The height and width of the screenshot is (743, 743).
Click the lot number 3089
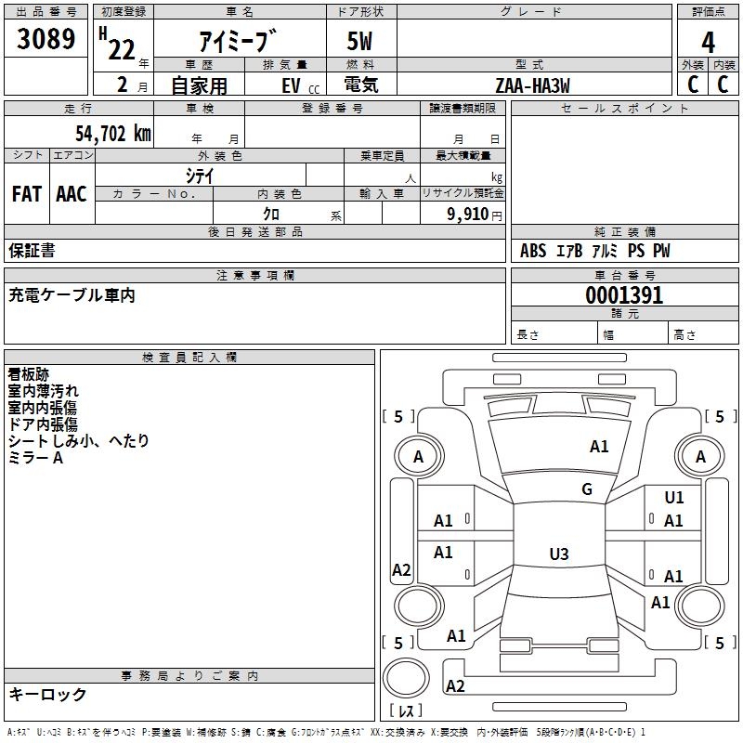click(46, 39)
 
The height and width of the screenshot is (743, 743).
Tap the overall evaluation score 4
click(708, 41)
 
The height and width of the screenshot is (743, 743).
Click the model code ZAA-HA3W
click(532, 84)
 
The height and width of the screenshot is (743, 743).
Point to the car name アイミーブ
click(238, 41)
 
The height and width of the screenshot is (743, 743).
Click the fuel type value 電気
click(359, 84)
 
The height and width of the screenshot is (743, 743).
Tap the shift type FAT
click(27, 194)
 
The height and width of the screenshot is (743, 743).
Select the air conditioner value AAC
click(72, 194)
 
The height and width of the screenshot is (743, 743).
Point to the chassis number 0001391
click(624, 295)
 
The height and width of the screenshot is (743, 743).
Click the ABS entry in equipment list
click(533, 251)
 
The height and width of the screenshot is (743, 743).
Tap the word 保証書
click(32, 251)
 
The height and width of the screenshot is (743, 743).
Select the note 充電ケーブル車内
click(72, 295)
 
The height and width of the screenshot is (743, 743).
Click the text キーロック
click(47, 694)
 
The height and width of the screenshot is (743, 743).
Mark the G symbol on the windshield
click(587, 489)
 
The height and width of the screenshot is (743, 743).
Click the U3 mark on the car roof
click(558, 554)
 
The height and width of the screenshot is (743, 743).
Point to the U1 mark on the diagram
click(674, 498)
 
